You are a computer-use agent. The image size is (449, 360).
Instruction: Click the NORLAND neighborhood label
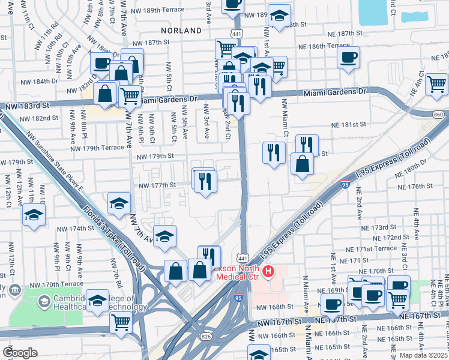181,30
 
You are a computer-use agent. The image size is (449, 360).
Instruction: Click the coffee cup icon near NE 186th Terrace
348,58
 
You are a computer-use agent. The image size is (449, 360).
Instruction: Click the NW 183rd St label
24,106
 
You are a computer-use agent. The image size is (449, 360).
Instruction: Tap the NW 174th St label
75,229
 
